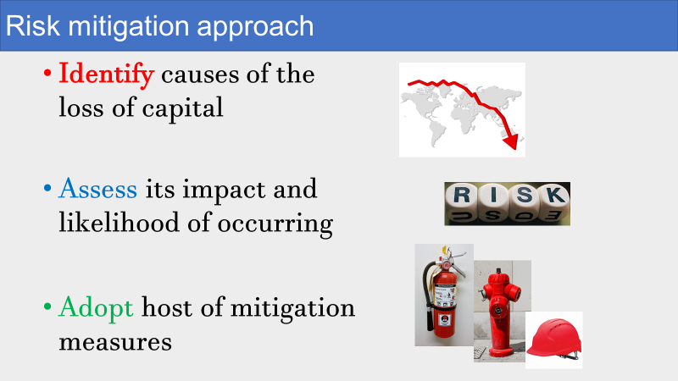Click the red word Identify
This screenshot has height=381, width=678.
point(107,75)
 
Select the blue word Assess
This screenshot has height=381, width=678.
point(97,189)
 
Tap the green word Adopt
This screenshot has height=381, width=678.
point(96,308)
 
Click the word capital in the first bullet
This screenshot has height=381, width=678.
point(182,108)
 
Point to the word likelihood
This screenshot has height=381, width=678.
point(119,223)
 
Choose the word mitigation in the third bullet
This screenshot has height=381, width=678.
point(292,309)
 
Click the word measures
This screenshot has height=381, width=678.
point(115,342)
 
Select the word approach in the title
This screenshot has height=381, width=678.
point(255,27)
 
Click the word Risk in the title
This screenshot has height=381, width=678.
point(33,26)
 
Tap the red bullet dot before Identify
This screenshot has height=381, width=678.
point(47,74)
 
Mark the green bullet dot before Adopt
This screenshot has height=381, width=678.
point(47,307)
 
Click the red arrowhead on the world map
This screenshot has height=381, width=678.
point(511,141)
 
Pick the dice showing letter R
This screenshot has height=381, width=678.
point(462,202)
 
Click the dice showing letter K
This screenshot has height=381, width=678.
point(555,202)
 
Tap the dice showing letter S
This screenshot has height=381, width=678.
point(524,202)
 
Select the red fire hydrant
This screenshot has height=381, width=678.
point(500,312)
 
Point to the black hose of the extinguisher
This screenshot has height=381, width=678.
point(428,295)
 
